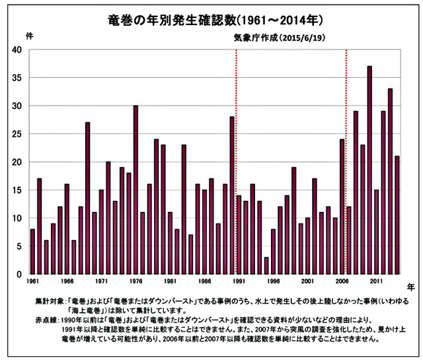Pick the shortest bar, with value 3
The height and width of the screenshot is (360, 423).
tap(266, 265)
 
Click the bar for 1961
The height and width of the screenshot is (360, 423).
tap(32, 251)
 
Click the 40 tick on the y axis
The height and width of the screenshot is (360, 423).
tap(17, 50)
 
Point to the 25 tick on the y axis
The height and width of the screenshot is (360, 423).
tap(17, 134)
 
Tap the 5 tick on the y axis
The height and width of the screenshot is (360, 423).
tap(19, 246)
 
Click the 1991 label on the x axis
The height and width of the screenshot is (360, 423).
tap(239, 281)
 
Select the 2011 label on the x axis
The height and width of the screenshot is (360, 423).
tap(377, 281)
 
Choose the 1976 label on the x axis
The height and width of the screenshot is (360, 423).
tap(136, 281)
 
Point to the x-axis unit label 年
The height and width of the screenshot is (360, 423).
tap(410, 287)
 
